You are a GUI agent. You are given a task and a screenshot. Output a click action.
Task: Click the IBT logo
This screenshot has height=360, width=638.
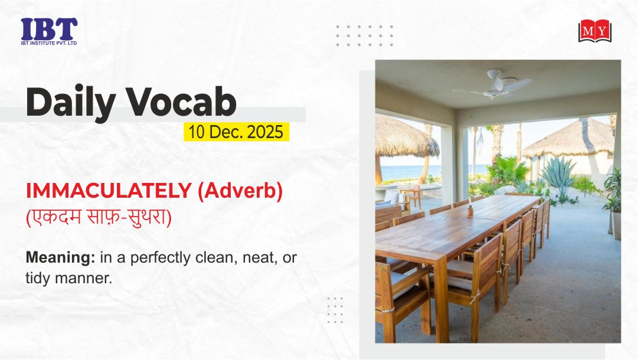click(x=49, y=31)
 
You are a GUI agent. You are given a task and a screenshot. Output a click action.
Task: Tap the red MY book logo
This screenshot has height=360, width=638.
click(x=594, y=31)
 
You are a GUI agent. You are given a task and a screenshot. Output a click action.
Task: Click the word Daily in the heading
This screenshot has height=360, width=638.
click(x=70, y=102)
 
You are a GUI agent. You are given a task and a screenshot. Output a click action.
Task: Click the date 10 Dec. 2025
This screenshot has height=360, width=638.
click(x=235, y=132)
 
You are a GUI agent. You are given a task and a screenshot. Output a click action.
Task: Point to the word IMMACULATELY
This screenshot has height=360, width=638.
click(x=109, y=191)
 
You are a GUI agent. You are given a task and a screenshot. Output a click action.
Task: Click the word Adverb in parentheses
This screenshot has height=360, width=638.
click(x=240, y=191)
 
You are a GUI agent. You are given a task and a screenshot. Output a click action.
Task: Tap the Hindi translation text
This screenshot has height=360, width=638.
click(x=99, y=217)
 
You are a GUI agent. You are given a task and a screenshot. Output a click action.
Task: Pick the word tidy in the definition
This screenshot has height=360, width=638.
click(x=38, y=279)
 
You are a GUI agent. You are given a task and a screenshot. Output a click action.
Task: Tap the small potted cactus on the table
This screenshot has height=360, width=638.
click(x=470, y=210)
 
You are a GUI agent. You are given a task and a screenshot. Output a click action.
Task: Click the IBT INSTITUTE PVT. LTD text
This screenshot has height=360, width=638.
click(x=49, y=43)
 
